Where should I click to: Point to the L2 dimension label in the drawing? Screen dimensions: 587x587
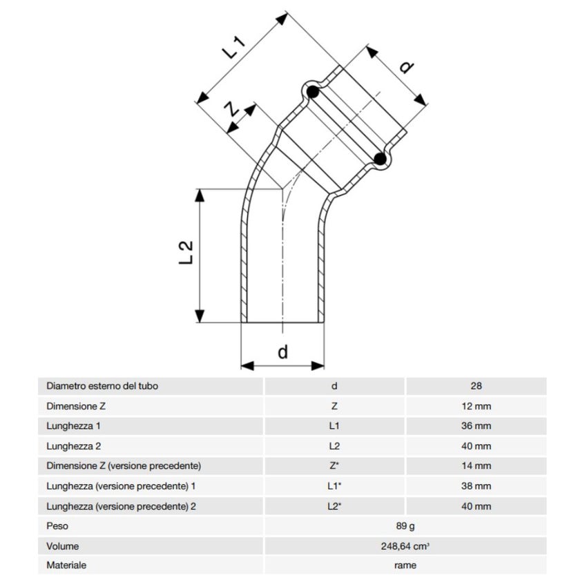pos(186,253)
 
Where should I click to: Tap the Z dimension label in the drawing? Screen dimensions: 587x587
pos(233,110)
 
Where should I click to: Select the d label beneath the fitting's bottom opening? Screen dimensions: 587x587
pos(282,352)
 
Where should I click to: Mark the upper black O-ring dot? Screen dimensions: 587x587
pos(312,91)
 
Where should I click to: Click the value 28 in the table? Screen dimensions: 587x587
pos(475,386)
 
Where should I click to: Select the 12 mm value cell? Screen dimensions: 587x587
pos(475,406)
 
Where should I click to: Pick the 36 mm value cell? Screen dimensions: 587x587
pos(475,426)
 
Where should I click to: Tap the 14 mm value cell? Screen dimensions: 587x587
pos(475,466)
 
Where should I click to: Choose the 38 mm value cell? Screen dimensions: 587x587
pos(475,486)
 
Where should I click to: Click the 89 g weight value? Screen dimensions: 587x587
pos(405,526)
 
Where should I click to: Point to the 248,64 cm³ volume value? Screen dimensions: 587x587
pos(405,546)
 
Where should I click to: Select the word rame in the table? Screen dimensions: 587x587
pos(405,566)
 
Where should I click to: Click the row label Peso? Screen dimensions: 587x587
pos(57,526)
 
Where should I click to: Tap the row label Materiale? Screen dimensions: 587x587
pos(66,566)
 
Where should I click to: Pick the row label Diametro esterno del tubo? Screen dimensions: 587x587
pos(106,386)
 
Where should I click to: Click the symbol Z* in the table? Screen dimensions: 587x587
pos(334,466)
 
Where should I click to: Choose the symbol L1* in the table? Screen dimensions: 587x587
pos(334,486)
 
